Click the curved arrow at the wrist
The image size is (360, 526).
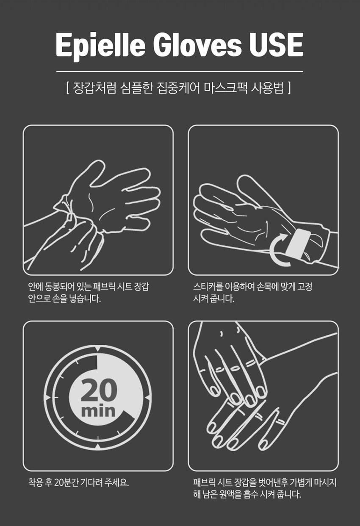(277, 251)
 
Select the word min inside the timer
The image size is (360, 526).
(98, 410)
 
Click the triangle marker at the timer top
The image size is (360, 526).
(98, 349)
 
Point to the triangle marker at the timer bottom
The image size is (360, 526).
(98, 446)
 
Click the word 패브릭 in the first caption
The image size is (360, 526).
(100, 287)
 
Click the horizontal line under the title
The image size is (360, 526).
(180, 72)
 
